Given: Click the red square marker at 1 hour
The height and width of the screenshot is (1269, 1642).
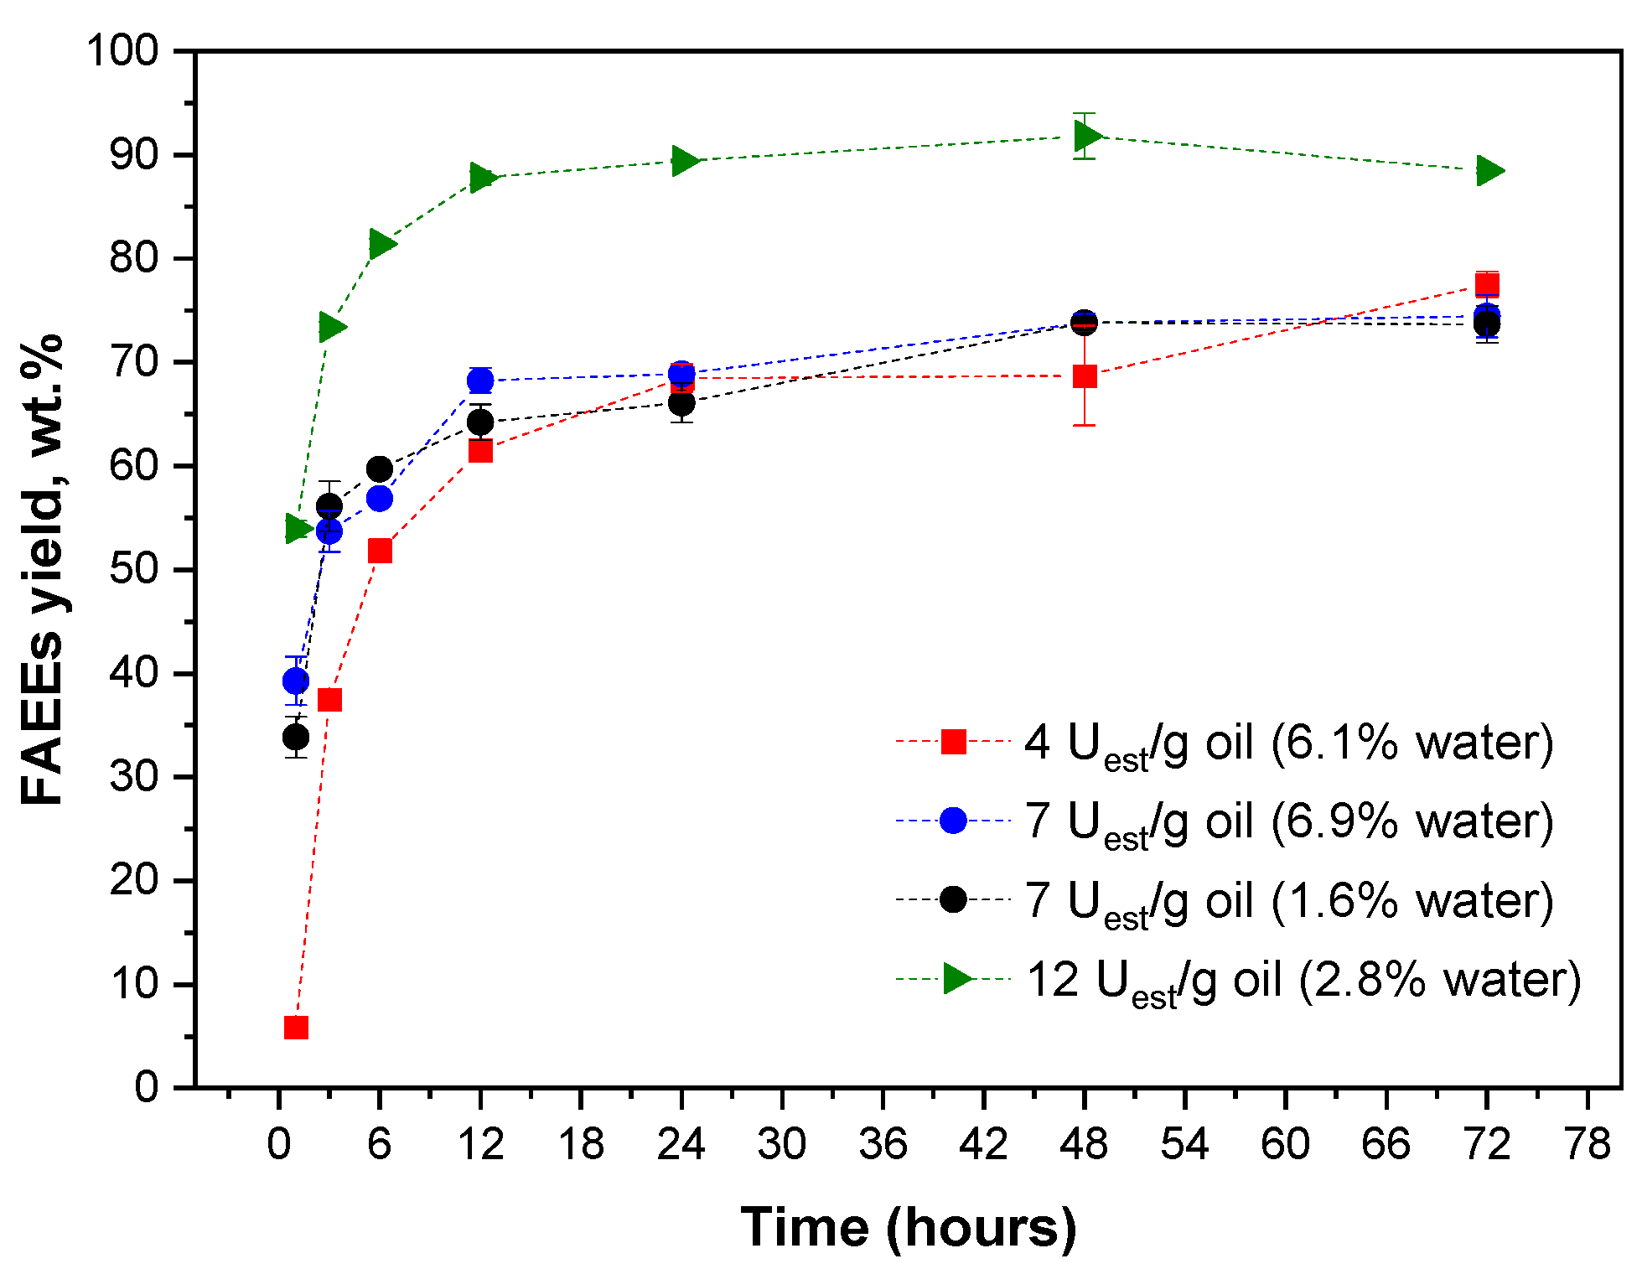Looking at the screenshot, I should coord(296,1028).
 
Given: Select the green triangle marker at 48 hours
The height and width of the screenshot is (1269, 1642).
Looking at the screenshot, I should coord(1087,136).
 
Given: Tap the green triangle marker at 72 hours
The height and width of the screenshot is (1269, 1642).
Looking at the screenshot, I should coord(1489,171).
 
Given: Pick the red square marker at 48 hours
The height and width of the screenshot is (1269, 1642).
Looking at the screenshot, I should coord(1085,376).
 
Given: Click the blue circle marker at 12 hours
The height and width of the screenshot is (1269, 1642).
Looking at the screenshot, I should coord(480,381).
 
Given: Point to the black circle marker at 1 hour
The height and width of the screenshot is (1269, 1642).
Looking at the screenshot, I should coord(296,738).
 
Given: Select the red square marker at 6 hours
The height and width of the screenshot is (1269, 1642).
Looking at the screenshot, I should coord(380,551).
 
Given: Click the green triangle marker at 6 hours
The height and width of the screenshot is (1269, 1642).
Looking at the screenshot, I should coord(381,244).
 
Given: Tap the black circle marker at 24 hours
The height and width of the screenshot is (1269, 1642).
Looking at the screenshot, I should coord(681,404).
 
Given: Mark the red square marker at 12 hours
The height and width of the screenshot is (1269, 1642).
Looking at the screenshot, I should coord(480,452).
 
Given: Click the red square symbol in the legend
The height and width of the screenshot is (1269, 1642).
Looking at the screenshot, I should coord(954,742).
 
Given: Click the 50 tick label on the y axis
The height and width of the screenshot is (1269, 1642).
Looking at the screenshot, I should coord(134,570).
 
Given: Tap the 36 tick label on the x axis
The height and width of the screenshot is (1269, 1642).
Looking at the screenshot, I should coord(883,1145).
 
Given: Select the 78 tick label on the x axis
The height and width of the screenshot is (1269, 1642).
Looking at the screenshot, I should coord(1588,1145).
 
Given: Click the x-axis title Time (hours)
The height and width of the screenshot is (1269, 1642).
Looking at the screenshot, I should coord(909,1228).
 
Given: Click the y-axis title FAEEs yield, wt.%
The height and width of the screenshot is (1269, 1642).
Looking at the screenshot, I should coord(42,570).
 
